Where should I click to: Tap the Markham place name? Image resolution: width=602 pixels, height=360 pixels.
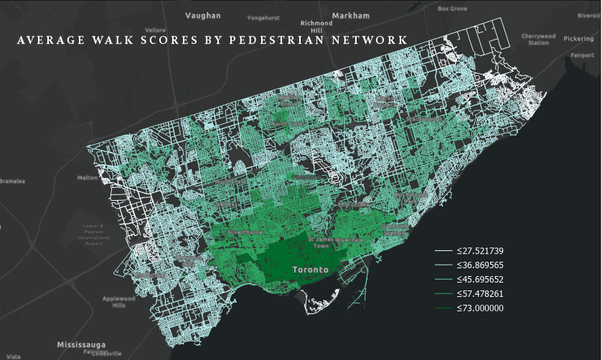pyautogui.click(x=351, y=15)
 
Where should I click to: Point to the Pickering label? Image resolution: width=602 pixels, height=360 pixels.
pyautogui.click(x=578, y=38)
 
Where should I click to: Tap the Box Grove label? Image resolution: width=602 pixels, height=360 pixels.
pyautogui.click(x=453, y=9)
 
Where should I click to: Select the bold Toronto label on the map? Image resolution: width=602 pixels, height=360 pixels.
pyautogui.click(x=311, y=270)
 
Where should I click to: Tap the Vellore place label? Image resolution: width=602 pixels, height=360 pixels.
pyautogui.click(x=156, y=30)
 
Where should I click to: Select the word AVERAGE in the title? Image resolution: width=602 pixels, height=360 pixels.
pyautogui.click(x=47, y=40)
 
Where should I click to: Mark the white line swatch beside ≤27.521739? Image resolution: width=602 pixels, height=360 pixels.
pyautogui.click(x=443, y=251)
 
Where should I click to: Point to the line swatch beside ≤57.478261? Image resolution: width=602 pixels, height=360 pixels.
pyautogui.click(x=443, y=294)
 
